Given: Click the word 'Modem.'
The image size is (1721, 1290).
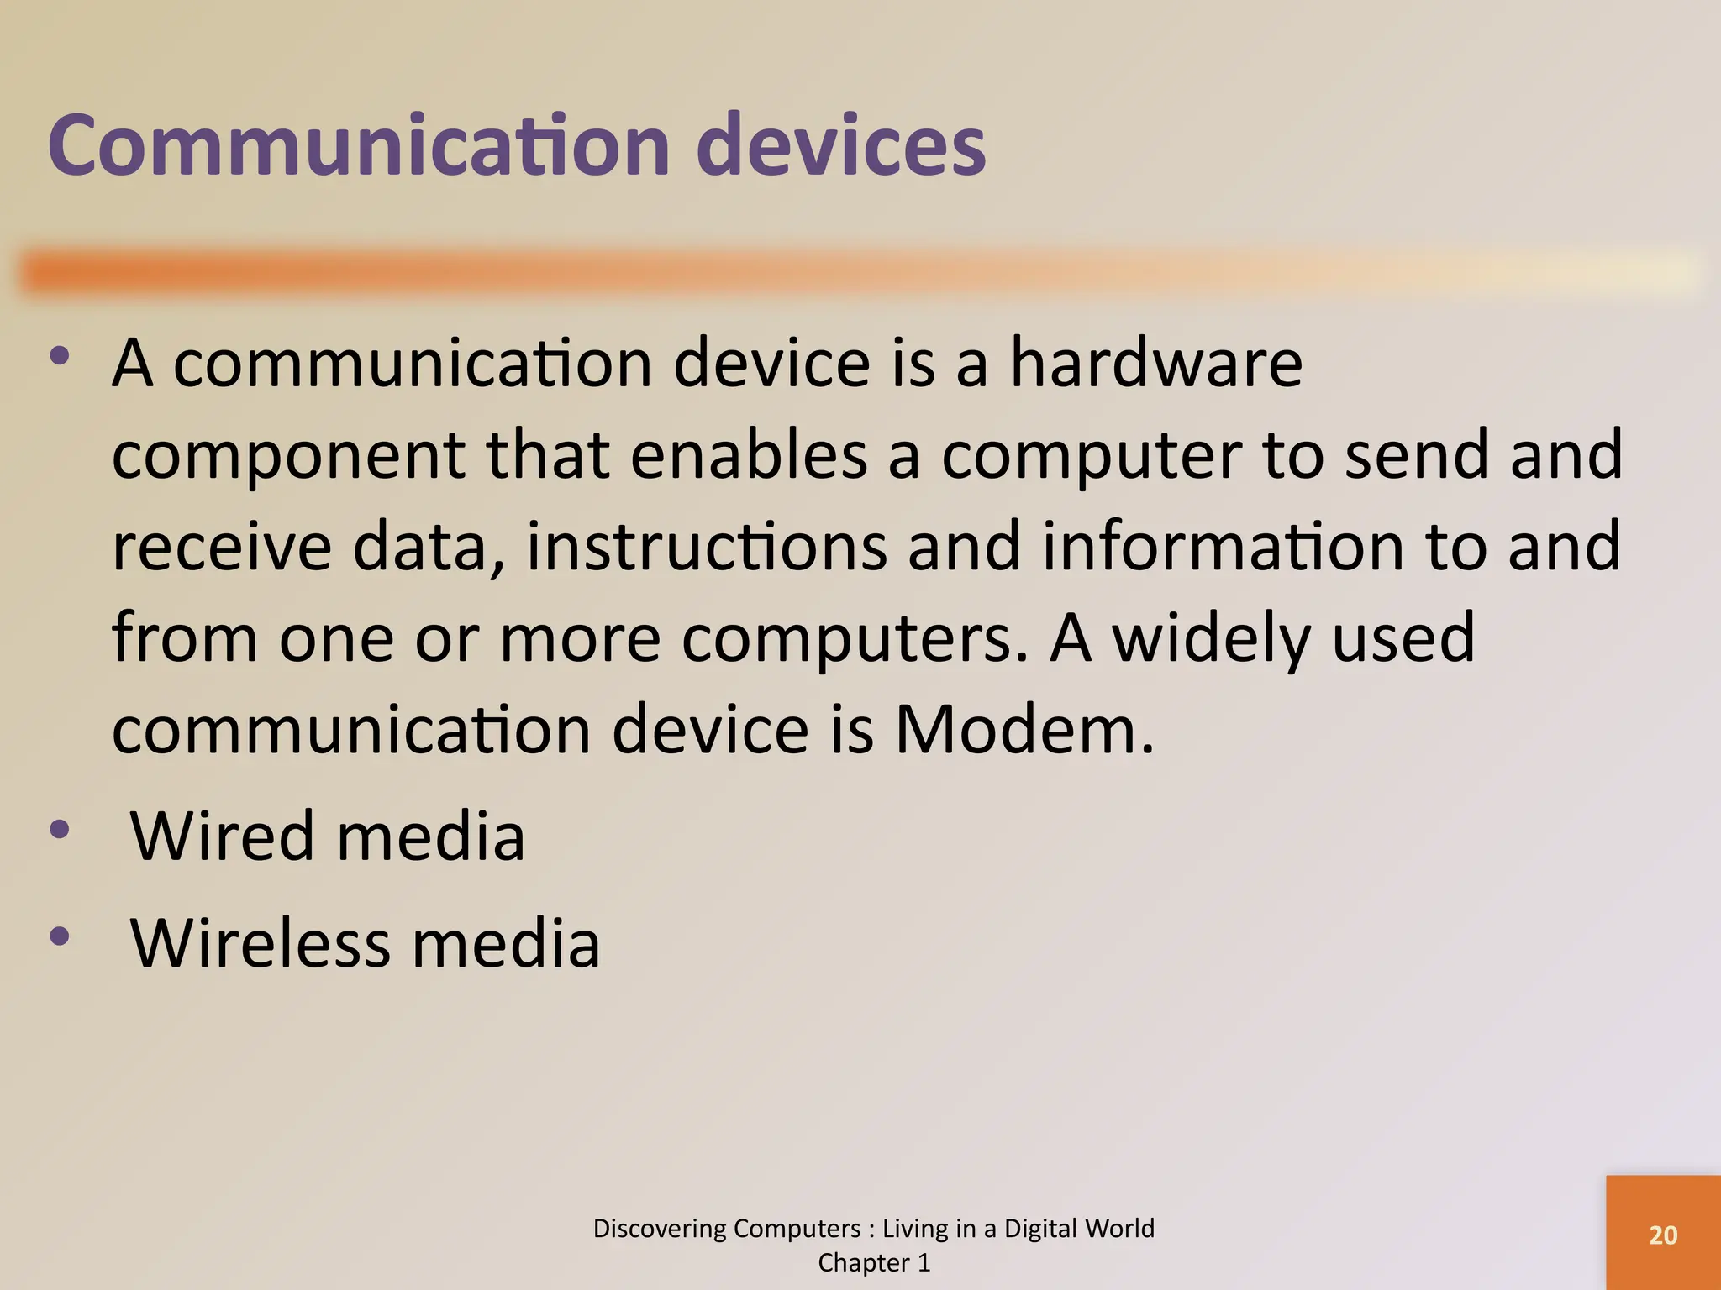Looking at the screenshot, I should point(1024,729).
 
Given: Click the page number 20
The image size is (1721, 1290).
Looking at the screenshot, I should point(1663,1235).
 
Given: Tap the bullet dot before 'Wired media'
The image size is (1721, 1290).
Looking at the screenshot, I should point(59,830).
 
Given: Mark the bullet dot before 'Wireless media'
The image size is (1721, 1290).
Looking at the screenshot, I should point(59,936).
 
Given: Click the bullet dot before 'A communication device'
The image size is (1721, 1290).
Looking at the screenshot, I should point(59,355).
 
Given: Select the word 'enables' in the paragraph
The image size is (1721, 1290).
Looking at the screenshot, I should point(749,454).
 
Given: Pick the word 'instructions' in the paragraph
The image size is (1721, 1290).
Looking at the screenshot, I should point(707,546).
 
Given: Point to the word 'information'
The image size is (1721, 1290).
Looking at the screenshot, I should point(1223,546).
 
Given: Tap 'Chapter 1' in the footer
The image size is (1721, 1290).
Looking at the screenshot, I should point(874,1262).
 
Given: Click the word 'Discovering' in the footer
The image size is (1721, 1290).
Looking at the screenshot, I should point(661,1229).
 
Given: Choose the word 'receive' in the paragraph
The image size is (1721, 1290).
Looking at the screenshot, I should point(222,546).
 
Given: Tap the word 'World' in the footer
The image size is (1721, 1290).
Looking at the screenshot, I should point(1118,1229).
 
